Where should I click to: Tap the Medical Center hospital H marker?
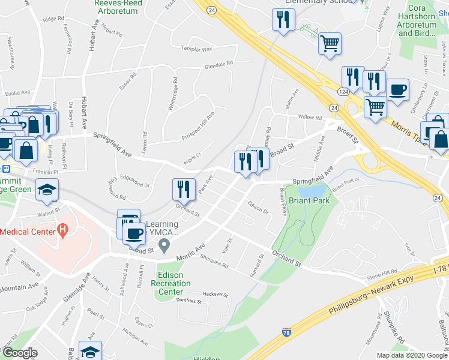coord(61,230)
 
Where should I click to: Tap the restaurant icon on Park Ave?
coord(184,189)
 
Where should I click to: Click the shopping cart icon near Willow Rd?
coord(375,107)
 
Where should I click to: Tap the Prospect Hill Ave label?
coord(198,128)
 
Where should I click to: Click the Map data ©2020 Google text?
coord(411,355)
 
